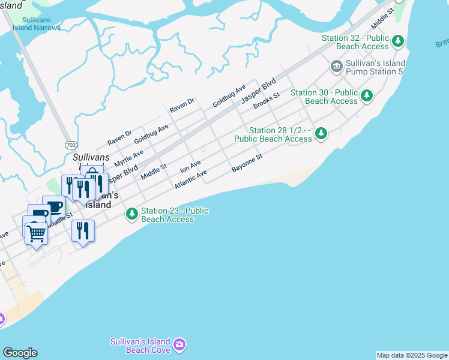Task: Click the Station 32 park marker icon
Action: [398, 41]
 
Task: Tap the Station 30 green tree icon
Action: [366, 95]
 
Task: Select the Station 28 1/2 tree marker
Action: [322, 133]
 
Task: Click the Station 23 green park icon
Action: [131, 214]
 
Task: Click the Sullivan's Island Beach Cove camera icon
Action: [179, 345]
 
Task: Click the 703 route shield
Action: [71, 145]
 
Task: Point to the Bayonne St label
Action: [247, 163]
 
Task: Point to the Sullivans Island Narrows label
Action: [37, 23]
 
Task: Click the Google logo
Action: [20, 353]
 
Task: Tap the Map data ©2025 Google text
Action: [412, 355]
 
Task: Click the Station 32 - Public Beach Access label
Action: [355, 42]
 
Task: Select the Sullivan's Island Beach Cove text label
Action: [140, 346]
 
